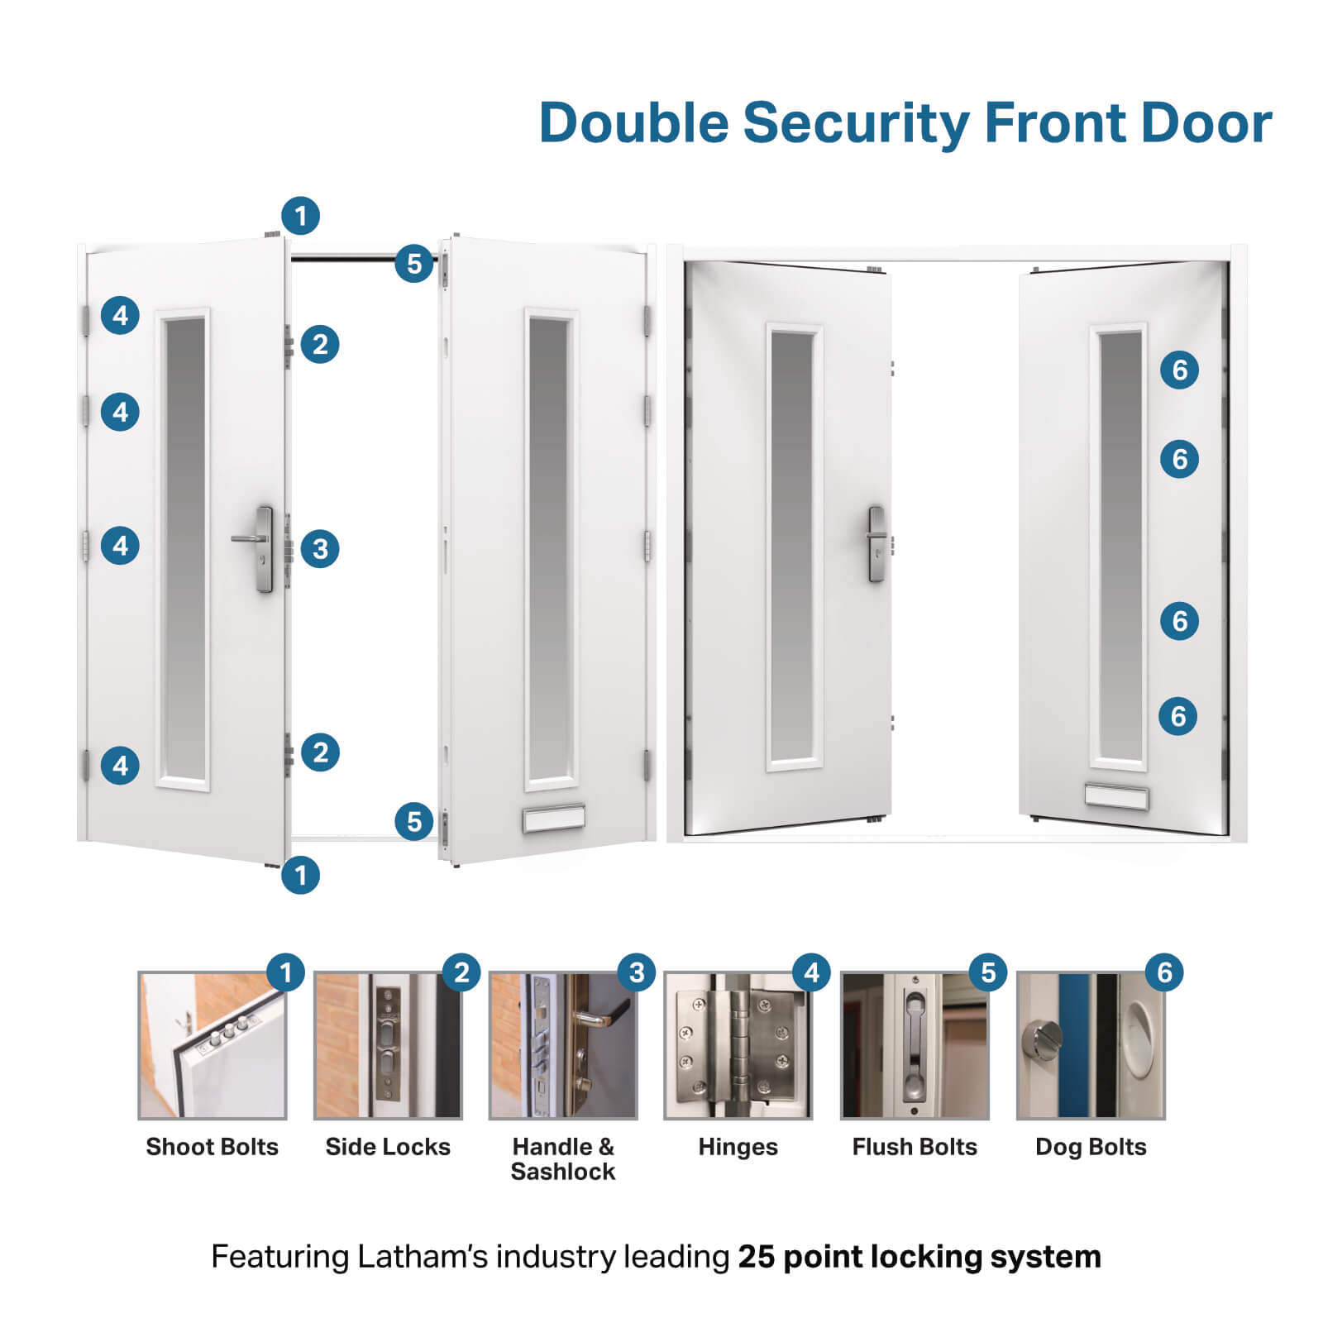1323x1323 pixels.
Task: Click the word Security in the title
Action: click(x=855, y=123)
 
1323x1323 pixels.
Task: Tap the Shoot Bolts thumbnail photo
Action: click(x=212, y=1046)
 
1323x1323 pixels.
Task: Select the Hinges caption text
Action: click(x=738, y=1147)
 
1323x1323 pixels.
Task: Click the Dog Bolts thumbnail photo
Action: click(x=1090, y=1046)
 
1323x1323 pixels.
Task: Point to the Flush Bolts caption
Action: click(x=915, y=1147)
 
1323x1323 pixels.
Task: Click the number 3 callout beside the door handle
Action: click(x=320, y=548)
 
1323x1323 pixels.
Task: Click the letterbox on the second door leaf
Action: click(x=554, y=819)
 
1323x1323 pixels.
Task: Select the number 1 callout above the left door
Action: click(x=300, y=216)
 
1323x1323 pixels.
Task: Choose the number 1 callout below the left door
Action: click(x=300, y=874)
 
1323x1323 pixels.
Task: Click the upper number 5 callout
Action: click(x=414, y=264)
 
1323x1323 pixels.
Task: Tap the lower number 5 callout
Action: click(x=414, y=821)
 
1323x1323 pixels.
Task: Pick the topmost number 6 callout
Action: click(x=1179, y=370)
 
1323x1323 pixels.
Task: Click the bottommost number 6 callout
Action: click(x=1178, y=715)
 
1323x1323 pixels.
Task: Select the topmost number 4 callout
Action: click(x=120, y=315)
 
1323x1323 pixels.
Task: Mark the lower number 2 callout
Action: click(x=320, y=752)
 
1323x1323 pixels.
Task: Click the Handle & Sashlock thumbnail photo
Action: click(x=563, y=1046)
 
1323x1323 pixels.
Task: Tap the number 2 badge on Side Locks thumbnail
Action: click(x=461, y=972)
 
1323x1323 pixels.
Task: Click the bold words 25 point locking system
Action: click(x=919, y=1257)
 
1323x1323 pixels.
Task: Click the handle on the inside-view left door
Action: click(x=876, y=544)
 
